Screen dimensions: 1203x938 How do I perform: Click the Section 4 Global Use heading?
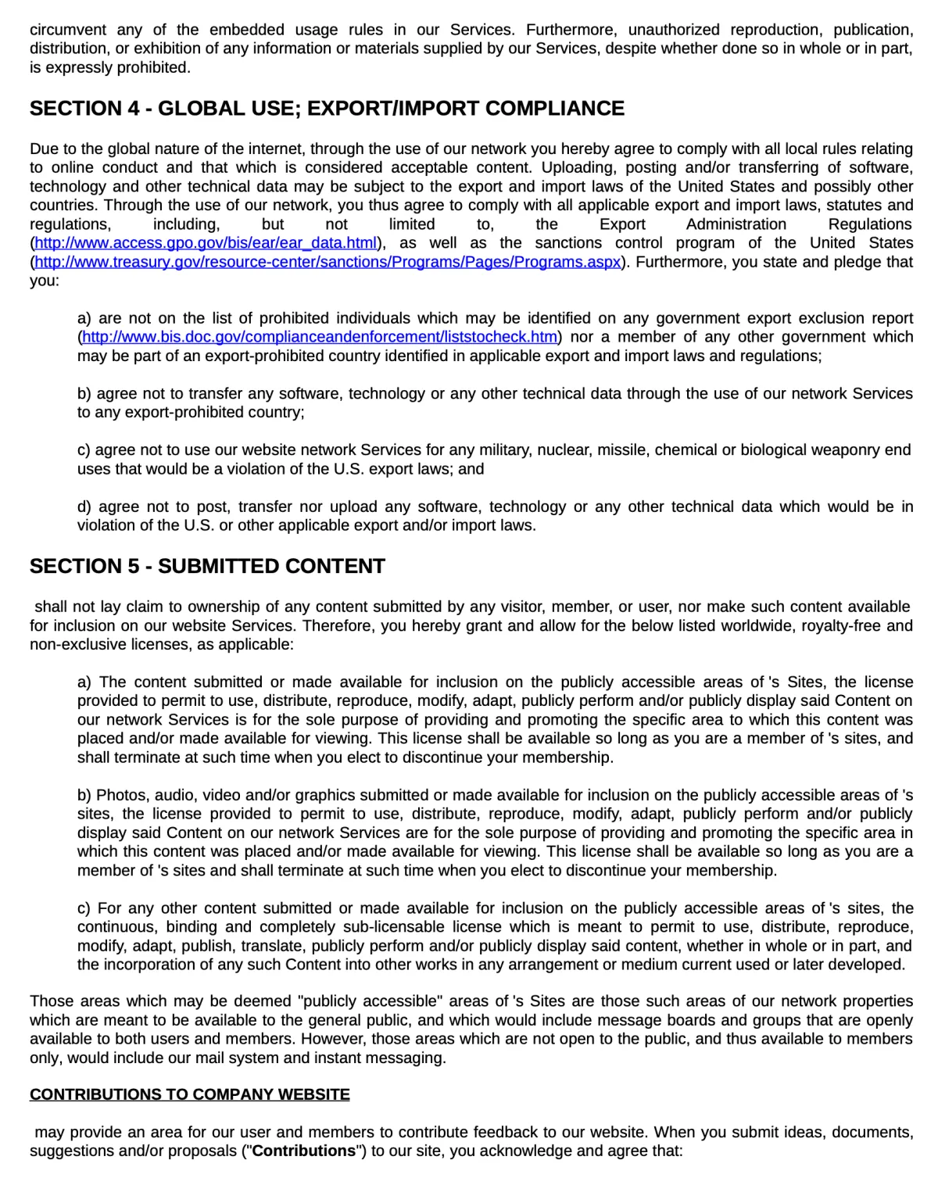[327, 109]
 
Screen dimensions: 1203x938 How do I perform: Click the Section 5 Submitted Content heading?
[207, 567]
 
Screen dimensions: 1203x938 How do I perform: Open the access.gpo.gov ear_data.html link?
[206, 243]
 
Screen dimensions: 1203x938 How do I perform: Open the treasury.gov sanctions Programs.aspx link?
[328, 262]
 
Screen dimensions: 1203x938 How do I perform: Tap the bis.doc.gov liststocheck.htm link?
[320, 337]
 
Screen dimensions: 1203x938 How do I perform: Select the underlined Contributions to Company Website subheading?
[189, 1094]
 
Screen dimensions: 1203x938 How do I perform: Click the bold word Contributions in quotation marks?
[304, 1151]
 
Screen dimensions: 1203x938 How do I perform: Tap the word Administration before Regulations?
[736, 224]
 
